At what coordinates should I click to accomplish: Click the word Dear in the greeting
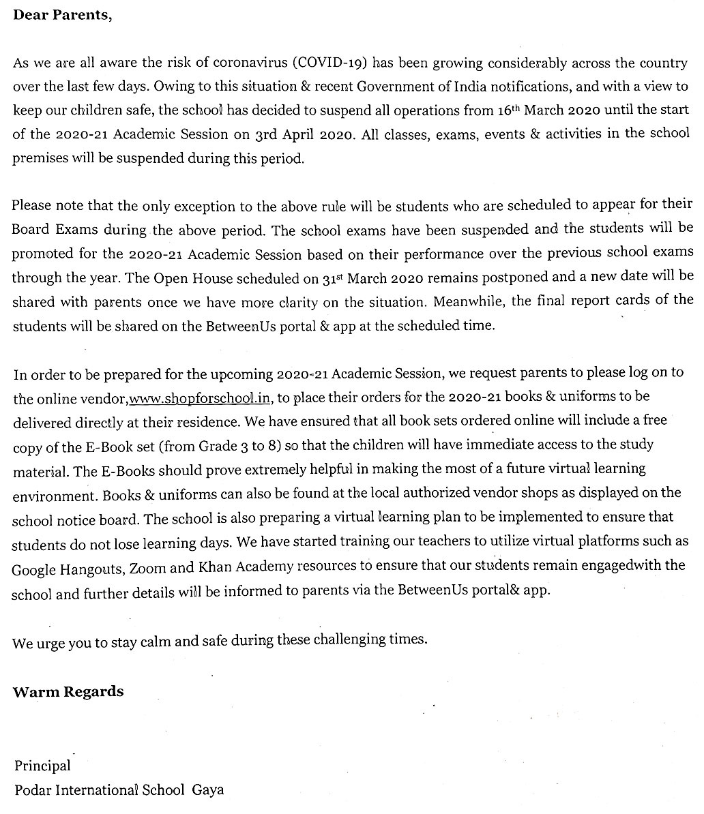coord(30,15)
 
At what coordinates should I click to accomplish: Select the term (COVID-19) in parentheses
coord(330,63)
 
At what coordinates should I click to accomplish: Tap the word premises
coord(40,158)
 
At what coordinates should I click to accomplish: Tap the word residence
coord(214,422)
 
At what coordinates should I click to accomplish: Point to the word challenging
coord(352,639)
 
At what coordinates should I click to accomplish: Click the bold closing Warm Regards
coord(68,692)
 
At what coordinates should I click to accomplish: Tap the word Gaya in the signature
coord(208,790)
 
